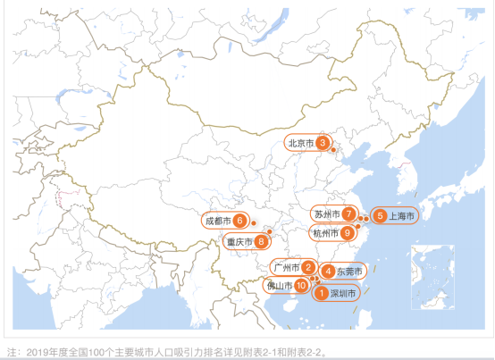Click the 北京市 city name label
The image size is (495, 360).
click(x=300, y=142)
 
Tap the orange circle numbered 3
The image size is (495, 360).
click(x=323, y=142)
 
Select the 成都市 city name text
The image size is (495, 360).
click(x=217, y=221)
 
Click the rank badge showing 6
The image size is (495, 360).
click(x=240, y=221)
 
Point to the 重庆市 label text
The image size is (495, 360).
click(x=239, y=240)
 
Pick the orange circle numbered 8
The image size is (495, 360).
click(x=261, y=240)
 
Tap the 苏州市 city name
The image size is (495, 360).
click(x=326, y=214)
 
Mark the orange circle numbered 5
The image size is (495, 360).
click(x=380, y=215)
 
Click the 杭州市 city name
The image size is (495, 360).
click(x=324, y=233)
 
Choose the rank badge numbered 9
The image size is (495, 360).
click(x=348, y=233)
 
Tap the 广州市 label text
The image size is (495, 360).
click(x=286, y=267)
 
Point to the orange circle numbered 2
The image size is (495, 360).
click(x=308, y=267)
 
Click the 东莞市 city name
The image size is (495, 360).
click(x=349, y=272)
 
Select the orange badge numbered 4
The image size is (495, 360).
click(x=329, y=272)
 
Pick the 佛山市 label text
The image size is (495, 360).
click(x=280, y=286)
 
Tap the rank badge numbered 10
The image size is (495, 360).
click(x=302, y=286)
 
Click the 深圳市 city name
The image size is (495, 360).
click(x=343, y=292)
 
